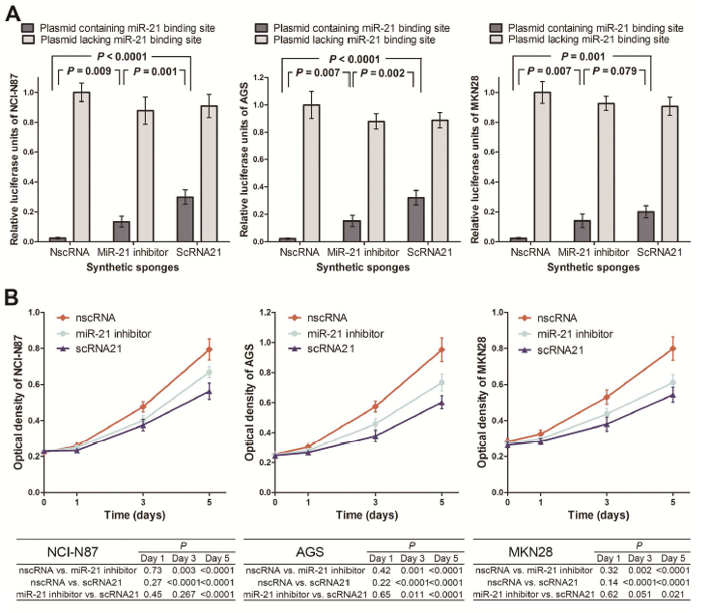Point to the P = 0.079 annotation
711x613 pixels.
[x=627, y=98]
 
